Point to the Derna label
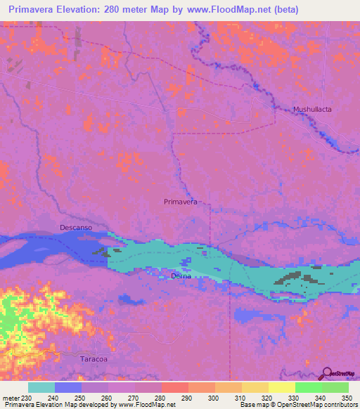point(181,276)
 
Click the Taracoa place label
point(94,357)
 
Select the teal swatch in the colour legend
point(41,387)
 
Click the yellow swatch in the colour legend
point(282,387)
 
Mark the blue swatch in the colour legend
point(68,387)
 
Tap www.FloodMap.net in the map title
point(220,10)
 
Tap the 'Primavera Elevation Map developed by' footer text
point(47,404)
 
